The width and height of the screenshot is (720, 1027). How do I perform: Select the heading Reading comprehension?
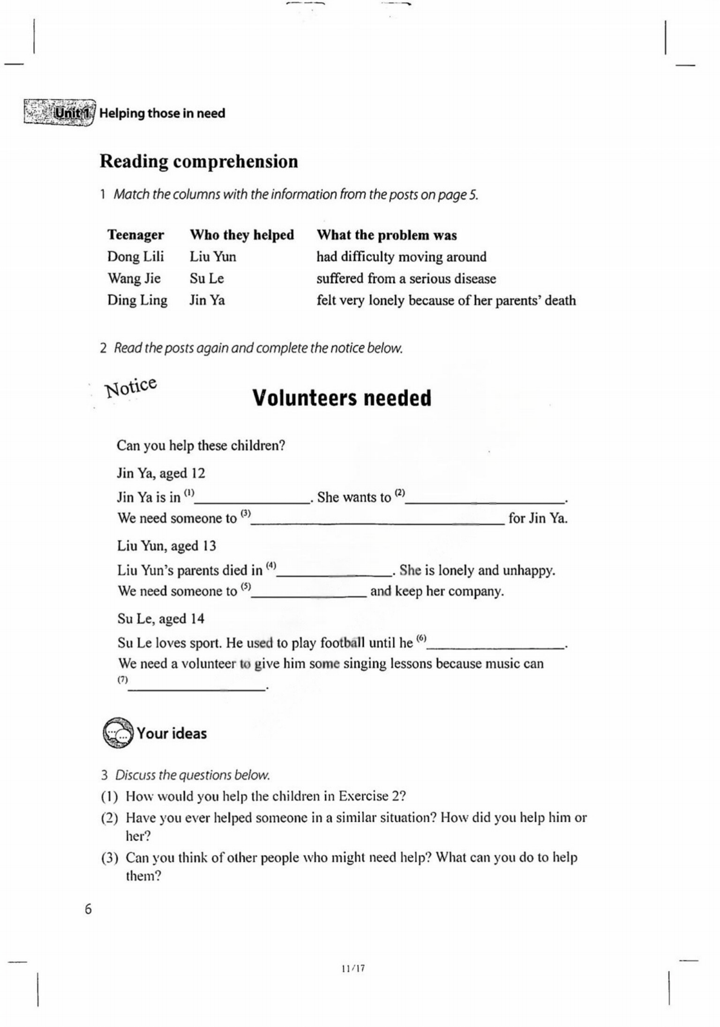tap(198, 161)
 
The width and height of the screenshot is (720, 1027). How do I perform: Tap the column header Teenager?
tap(136, 235)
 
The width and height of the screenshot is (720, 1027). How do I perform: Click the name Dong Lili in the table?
tap(136, 256)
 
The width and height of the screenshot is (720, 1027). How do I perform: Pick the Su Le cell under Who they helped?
tap(206, 278)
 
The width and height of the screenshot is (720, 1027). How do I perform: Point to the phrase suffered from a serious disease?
tap(406, 279)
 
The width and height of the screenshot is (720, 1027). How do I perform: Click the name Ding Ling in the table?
tap(137, 300)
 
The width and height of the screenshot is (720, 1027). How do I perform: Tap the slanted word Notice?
tap(131, 387)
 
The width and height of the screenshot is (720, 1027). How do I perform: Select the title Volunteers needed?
tap(342, 398)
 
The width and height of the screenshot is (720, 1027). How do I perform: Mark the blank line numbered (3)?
tap(378, 522)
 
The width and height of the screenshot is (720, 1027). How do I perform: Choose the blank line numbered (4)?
tap(334, 574)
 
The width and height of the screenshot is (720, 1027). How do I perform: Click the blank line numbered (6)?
tap(496, 647)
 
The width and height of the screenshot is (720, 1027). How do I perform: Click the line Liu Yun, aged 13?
tap(166, 546)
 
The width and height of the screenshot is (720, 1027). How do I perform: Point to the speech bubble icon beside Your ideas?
tap(117, 733)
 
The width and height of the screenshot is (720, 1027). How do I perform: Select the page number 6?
tap(88, 909)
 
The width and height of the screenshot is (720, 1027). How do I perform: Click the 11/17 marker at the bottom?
tap(353, 968)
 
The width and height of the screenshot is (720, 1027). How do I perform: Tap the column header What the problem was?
tap(387, 235)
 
